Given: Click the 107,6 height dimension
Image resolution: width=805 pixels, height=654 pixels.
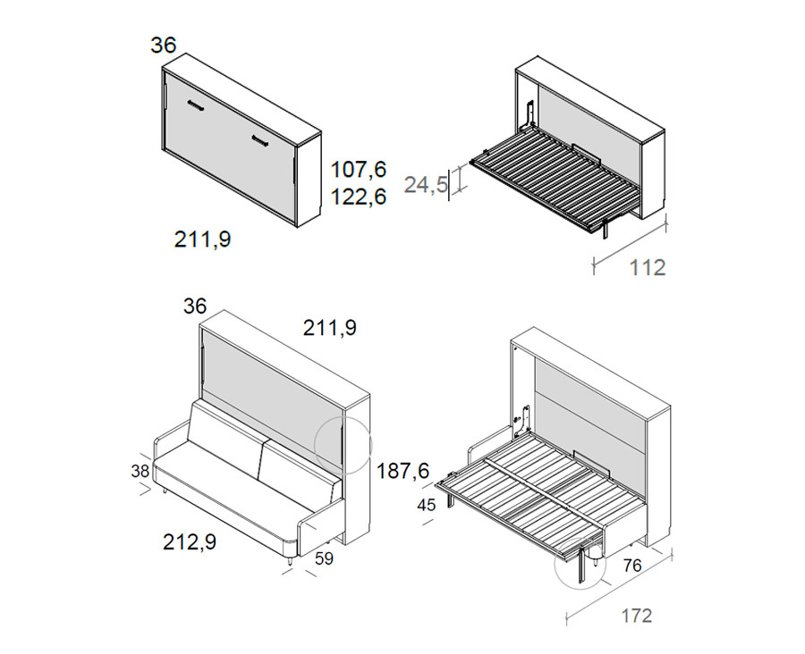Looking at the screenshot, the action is (x=358, y=169).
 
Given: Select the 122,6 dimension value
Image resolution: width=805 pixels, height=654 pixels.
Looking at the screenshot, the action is (x=358, y=197).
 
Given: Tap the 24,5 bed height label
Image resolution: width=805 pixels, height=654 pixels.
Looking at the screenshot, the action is (x=426, y=185).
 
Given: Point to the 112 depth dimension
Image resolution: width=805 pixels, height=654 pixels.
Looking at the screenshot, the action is (x=648, y=267).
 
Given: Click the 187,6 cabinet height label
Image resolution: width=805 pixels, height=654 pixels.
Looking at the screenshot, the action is (x=403, y=471).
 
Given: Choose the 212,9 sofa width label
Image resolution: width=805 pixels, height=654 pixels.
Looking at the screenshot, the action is (x=190, y=541).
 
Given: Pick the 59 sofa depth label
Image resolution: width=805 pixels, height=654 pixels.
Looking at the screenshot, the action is (x=324, y=558).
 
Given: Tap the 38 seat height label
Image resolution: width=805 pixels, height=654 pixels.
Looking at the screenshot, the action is (x=140, y=471).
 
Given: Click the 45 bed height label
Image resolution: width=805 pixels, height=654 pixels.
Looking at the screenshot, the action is (x=426, y=506).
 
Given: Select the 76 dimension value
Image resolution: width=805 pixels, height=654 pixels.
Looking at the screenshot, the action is (x=632, y=566).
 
